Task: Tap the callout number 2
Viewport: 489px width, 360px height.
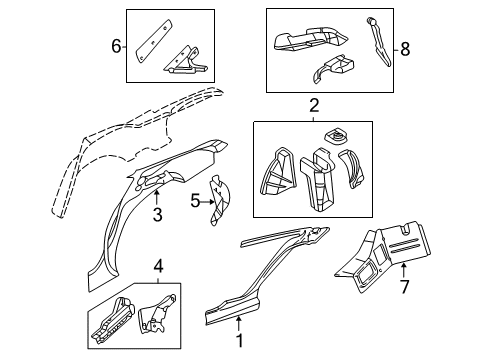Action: click(x=313, y=105)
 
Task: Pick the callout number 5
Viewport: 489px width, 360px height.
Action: click(x=195, y=201)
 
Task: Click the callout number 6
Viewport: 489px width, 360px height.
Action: click(x=115, y=45)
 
